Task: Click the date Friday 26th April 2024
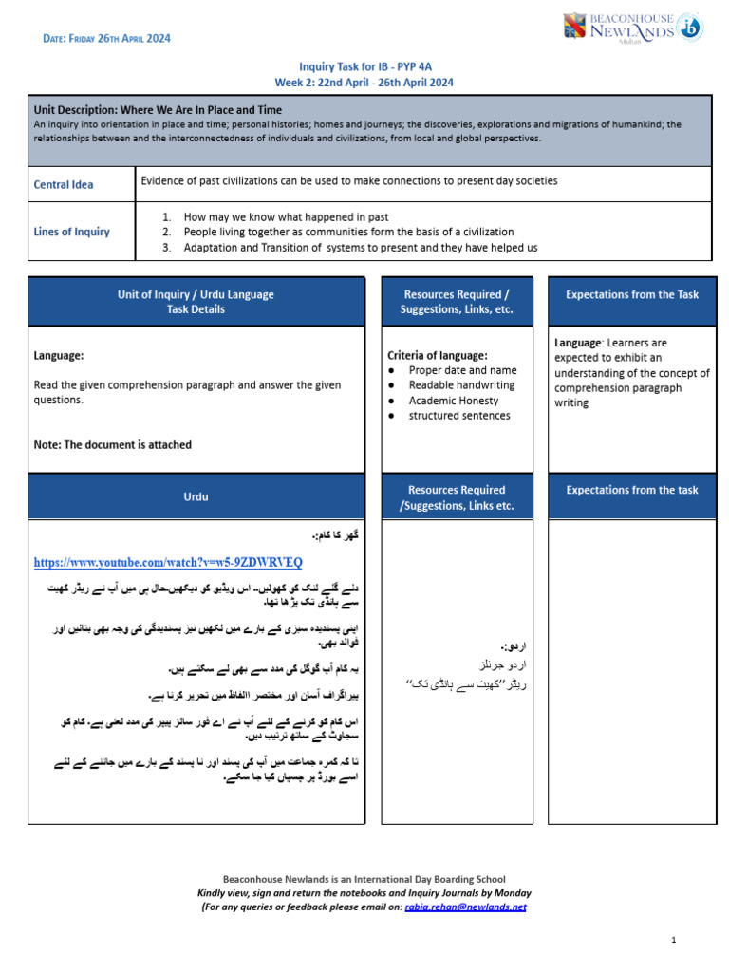coord(107,39)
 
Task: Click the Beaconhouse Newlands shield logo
coord(576,27)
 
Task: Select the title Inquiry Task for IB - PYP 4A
coord(364,67)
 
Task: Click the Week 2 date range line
coord(364,83)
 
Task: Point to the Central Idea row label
coord(64,184)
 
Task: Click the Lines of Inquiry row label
coord(71,232)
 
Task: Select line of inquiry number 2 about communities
coord(348,232)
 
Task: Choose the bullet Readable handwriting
coord(461,385)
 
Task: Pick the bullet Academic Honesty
coord(453,401)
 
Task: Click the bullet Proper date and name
coord(462,370)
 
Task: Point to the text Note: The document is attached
coord(112,444)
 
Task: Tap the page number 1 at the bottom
coord(673,940)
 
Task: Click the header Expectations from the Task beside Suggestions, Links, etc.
coord(631,294)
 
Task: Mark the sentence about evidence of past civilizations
coord(348,180)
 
